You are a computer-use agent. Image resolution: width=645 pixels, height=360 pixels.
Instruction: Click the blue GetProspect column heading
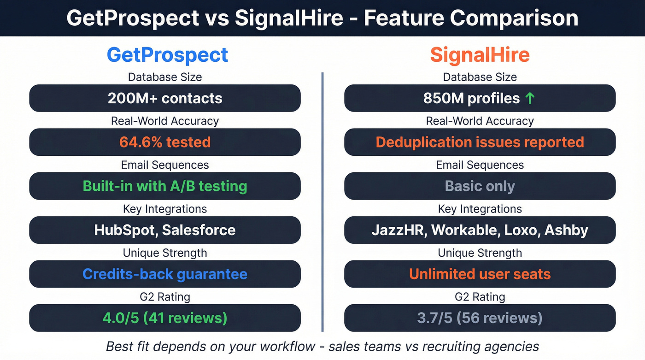tap(167, 55)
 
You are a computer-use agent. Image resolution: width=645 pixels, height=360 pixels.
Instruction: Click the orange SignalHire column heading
tap(480, 55)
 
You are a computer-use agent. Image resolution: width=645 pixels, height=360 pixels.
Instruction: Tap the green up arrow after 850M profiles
tap(530, 98)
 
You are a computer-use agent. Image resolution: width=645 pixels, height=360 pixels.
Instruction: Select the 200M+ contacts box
tap(165, 98)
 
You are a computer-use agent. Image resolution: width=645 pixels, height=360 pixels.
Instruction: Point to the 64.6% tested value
tap(165, 142)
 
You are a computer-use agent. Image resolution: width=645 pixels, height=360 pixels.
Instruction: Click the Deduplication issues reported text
tap(480, 142)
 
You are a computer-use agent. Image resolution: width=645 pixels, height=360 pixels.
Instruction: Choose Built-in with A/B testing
tap(165, 186)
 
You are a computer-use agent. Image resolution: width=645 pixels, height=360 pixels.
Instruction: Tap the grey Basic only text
tap(480, 186)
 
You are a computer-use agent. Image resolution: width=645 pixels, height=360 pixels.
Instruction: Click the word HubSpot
tap(127, 230)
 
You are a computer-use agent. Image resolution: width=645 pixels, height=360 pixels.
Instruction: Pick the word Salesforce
tap(199, 230)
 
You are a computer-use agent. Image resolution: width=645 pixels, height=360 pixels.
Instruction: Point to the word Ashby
tap(566, 230)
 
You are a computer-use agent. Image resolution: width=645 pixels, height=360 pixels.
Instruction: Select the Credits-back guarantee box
tap(165, 274)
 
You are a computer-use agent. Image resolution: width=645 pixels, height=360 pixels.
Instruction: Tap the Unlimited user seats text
tap(480, 274)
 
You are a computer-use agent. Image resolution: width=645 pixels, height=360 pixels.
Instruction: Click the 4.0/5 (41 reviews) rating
tap(165, 318)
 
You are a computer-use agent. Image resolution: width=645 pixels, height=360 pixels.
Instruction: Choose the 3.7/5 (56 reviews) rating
tap(480, 318)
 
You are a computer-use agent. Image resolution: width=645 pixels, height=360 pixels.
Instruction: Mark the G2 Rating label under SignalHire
tap(480, 297)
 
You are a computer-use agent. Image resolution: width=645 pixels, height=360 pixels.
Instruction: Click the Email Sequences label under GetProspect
tap(165, 165)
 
